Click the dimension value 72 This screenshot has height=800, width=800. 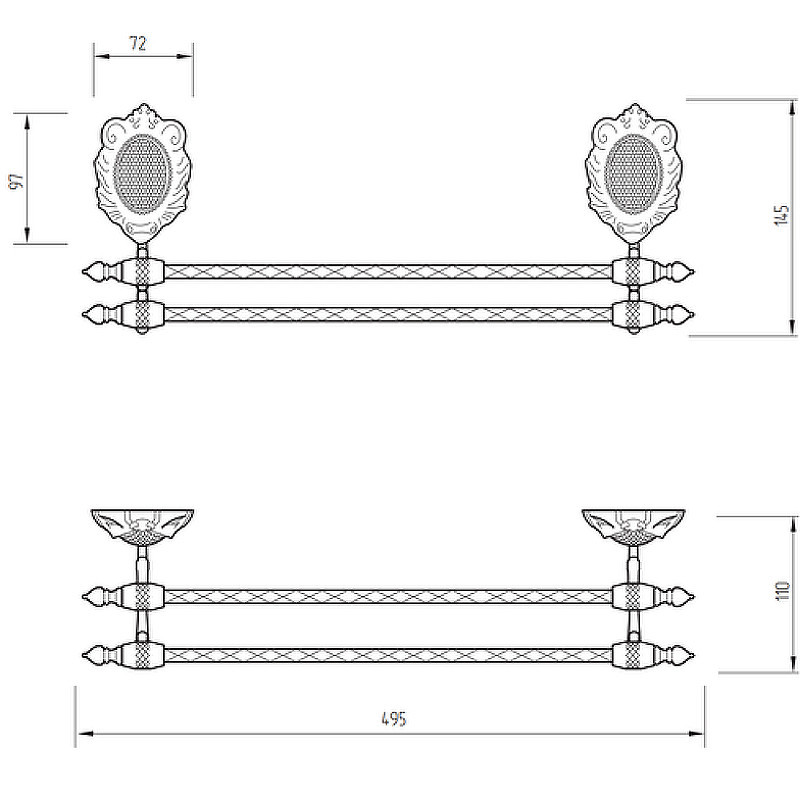pos(138,43)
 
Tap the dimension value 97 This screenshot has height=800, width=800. pos(17,181)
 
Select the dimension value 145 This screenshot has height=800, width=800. pos(781,215)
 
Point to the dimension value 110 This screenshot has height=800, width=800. pos(783,590)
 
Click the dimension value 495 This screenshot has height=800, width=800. pos(394,719)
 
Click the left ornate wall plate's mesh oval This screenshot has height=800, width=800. pos(141,174)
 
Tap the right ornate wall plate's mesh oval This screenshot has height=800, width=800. pos(633,174)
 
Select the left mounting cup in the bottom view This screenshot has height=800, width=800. pos(142,526)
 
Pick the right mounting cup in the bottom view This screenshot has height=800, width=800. pos(633,526)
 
